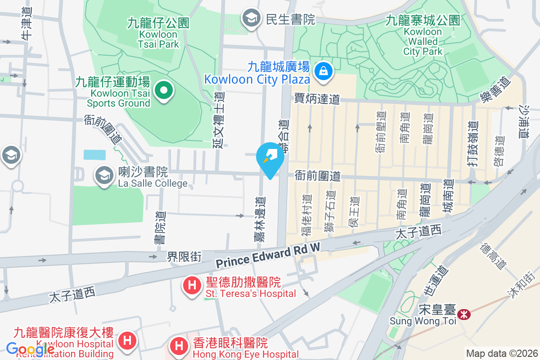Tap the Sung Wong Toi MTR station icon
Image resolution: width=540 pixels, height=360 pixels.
[463, 314]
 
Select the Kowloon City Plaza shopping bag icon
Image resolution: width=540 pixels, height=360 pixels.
[323, 70]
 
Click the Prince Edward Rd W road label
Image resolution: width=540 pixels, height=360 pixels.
[268, 255]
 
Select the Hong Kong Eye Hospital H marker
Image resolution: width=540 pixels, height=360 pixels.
[179, 346]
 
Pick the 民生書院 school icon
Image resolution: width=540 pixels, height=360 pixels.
[250, 18]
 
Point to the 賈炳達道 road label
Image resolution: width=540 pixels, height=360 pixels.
[317, 99]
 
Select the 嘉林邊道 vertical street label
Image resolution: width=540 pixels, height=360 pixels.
[260, 219]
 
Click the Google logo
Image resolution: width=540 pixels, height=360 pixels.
[31, 349]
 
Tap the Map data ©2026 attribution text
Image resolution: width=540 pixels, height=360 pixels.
[501, 354]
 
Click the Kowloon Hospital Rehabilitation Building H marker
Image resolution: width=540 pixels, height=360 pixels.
[127, 340]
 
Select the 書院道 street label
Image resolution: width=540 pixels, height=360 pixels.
[159, 228]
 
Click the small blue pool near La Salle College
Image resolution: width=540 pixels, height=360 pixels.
[94, 155]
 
